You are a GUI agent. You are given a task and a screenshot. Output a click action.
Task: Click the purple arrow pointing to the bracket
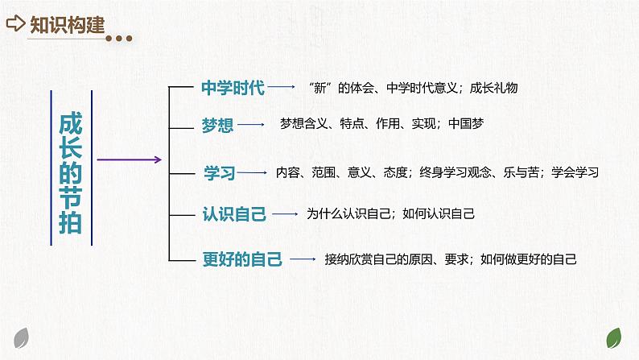(129, 159)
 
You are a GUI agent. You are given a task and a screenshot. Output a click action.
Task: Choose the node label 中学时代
(232, 87)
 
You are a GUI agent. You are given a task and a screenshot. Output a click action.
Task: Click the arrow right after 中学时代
(282, 86)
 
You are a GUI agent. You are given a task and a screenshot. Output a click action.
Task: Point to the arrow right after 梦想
(253, 125)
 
